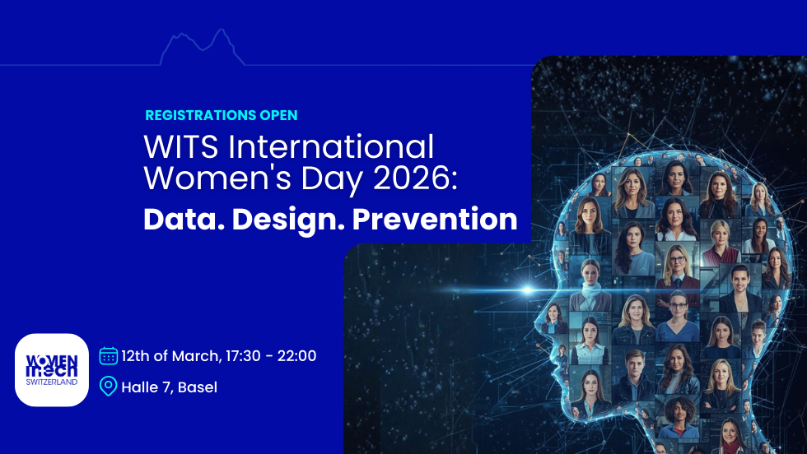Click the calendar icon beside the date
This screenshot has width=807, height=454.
click(108, 356)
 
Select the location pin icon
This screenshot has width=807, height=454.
click(108, 386)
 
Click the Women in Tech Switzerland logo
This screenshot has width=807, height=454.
click(52, 370)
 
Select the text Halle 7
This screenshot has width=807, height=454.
click(146, 387)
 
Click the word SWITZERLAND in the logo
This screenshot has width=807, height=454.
click(52, 382)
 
